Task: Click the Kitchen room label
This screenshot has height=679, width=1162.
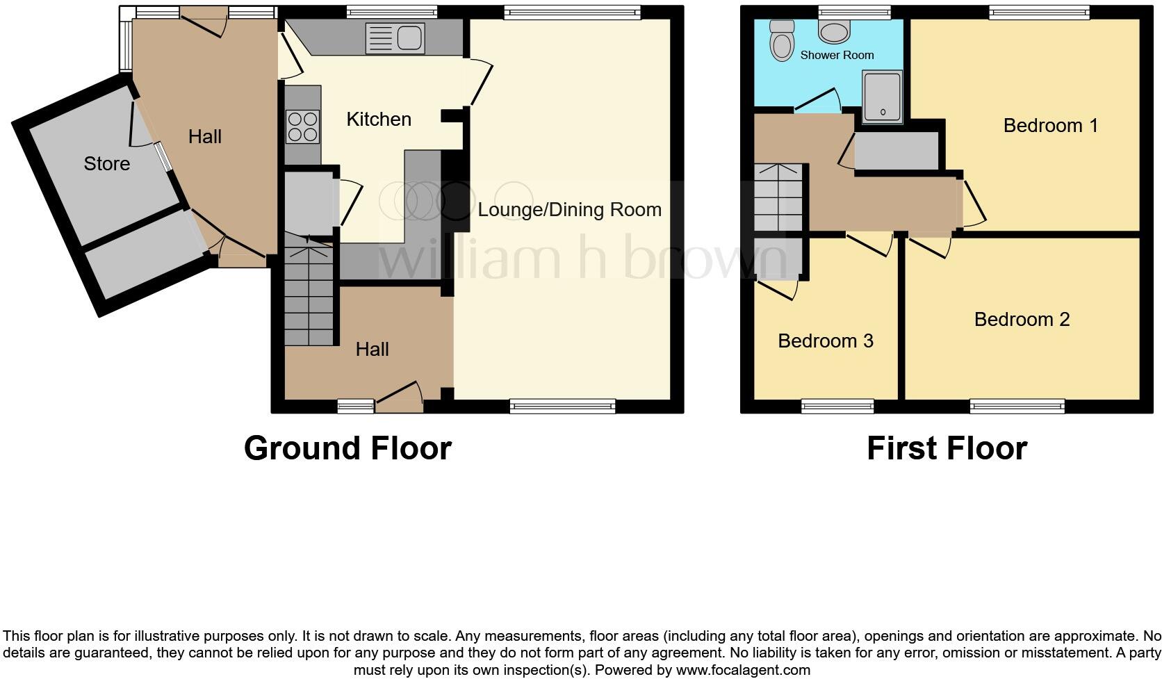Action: point(379,120)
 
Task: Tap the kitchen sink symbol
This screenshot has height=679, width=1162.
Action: point(394,38)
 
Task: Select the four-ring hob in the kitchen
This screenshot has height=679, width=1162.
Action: point(302,126)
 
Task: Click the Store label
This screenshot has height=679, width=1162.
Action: point(106,164)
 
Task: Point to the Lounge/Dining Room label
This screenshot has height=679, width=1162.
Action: point(569,210)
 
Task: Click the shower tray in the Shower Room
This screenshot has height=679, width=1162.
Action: point(883,96)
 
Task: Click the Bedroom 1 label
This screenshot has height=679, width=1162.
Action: point(1051,126)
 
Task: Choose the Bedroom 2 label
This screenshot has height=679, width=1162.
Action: point(1022,320)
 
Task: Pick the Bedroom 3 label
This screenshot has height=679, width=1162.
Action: point(825,341)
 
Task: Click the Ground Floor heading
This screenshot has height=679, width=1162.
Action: point(347,448)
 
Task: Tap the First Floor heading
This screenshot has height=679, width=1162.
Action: point(947,448)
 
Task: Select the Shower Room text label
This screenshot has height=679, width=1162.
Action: point(837,55)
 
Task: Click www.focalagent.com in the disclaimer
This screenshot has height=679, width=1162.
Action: point(742,671)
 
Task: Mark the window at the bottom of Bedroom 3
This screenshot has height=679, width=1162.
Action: point(837,406)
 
